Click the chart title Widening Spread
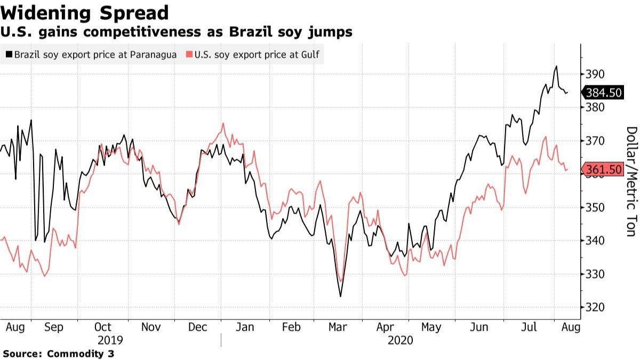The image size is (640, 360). click(85, 12)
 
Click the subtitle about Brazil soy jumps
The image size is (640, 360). click(176, 32)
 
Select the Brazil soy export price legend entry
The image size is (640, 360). click(91, 54)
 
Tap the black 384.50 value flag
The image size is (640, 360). click(603, 93)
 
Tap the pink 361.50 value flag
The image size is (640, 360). click(603, 170)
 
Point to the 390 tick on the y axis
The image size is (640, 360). click(595, 74)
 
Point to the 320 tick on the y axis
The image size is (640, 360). click(595, 308)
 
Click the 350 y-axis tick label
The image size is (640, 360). click(595, 207)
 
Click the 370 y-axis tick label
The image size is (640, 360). click(595, 141)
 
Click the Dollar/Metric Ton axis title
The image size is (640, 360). click(631, 181)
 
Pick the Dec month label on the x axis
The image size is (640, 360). click(197, 326)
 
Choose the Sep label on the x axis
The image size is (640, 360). click(54, 326)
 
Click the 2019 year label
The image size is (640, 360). click(110, 340)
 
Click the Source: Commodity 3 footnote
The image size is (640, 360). click(58, 353)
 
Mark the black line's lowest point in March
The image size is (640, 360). click(340, 297)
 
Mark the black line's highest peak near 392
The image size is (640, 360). click(556, 67)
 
